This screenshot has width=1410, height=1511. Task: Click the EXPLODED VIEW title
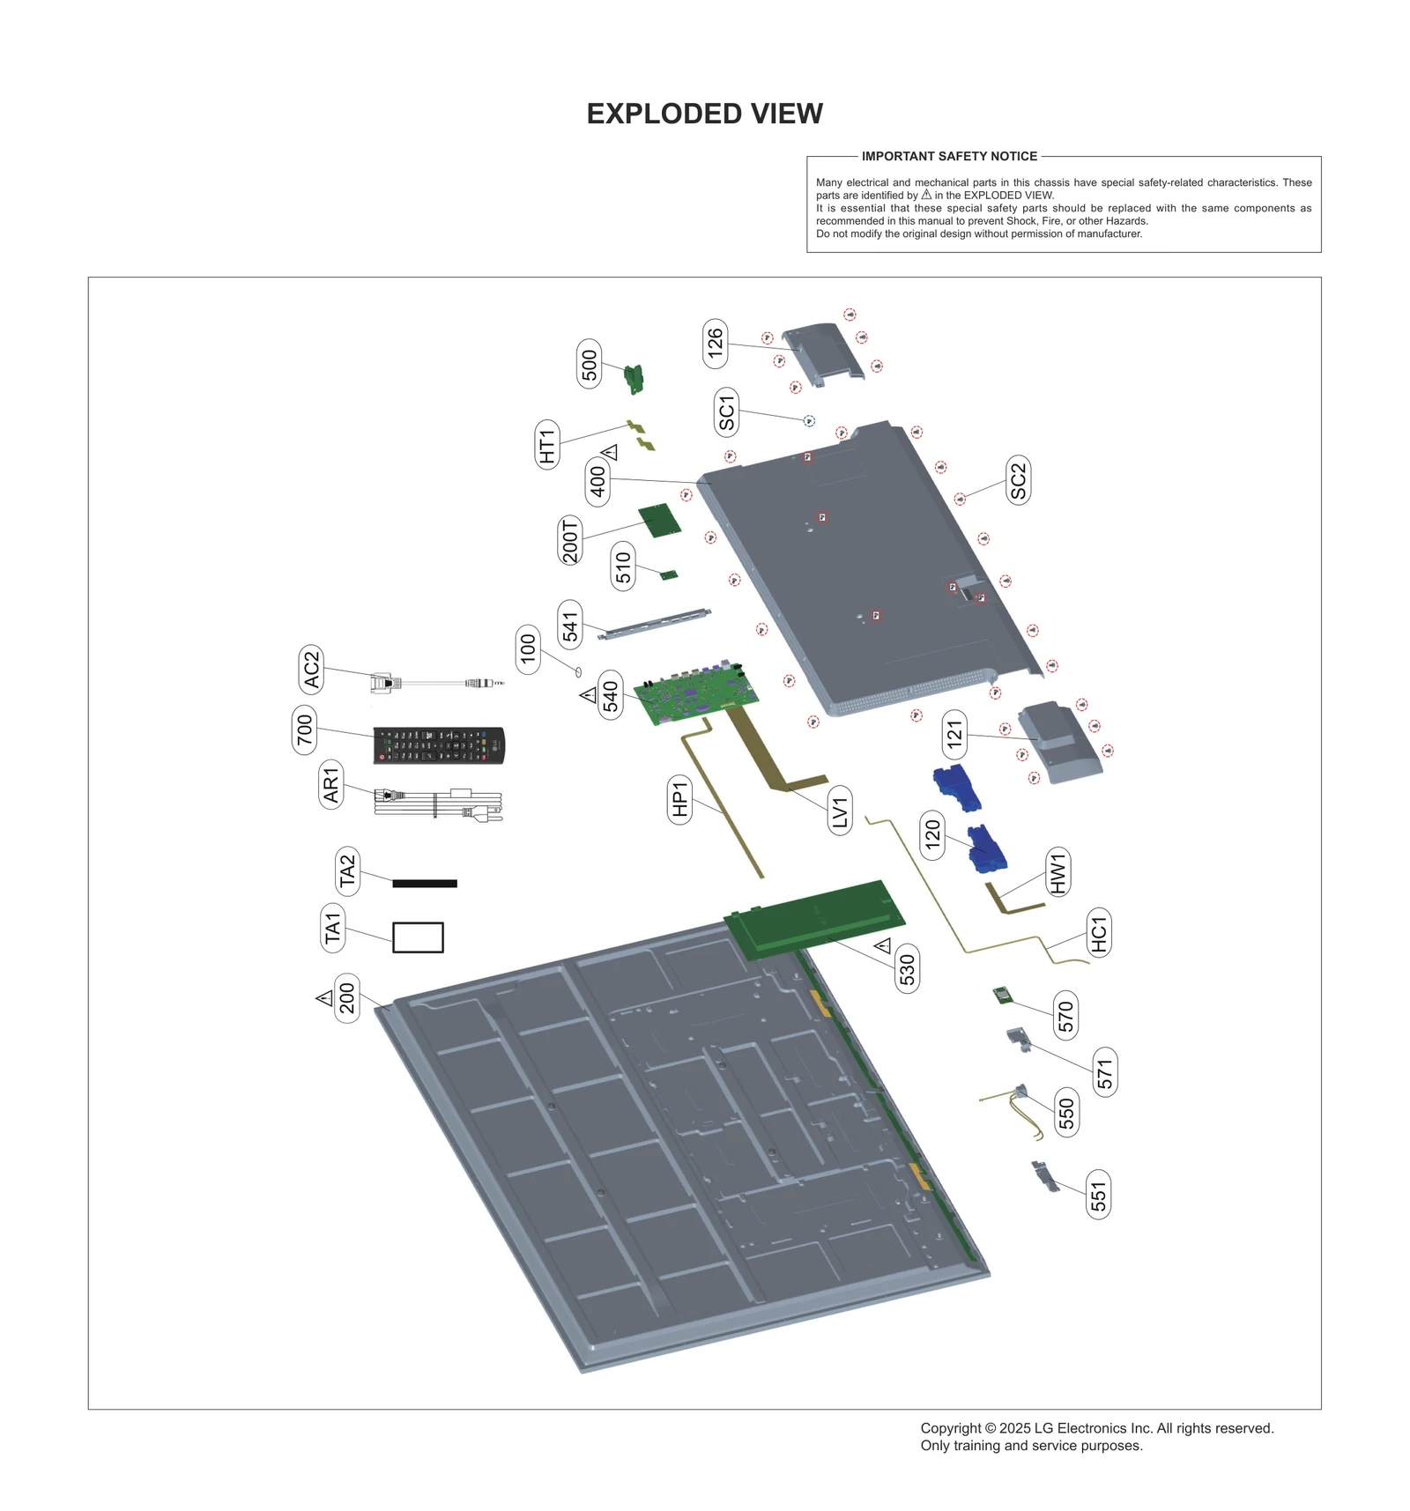(704, 114)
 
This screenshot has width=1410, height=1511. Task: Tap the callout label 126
(715, 343)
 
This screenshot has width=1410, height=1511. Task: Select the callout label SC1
(726, 411)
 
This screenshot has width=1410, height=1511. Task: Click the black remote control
(438, 744)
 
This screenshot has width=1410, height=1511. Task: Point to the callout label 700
(304, 729)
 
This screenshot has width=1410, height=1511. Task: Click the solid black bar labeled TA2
(424, 883)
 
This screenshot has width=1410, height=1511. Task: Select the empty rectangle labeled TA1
(418, 937)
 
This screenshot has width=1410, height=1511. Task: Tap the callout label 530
(907, 968)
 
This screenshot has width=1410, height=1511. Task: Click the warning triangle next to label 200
(324, 998)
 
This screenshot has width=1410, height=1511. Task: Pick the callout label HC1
(1098, 933)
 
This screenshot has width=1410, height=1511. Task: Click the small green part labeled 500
(634, 378)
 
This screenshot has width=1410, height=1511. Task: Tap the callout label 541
(570, 625)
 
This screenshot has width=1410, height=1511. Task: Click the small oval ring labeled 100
(578, 671)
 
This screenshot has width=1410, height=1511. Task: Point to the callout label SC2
(1018, 480)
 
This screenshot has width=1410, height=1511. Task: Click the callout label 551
(1098, 1195)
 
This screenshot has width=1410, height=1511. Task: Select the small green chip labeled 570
(1001, 996)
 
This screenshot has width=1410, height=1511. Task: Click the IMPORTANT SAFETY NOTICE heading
(949, 156)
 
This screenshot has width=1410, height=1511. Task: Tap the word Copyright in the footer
(950, 1427)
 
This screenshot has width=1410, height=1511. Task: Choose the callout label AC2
(311, 669)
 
